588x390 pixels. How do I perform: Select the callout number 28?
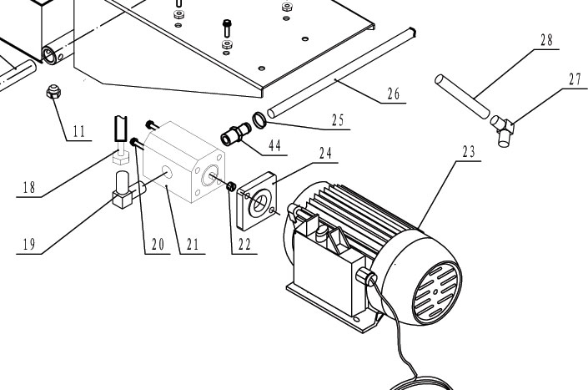(x=547, y=40)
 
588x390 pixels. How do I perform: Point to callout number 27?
(x=574, y=81)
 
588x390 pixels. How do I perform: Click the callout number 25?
(x=336, y=122)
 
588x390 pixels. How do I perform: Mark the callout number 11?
(x=79, y=132)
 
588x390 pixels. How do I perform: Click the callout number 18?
(x=28, y=189)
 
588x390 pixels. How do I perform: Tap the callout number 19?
(x=28, y=245)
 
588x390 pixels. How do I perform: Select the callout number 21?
(x=192, y=244)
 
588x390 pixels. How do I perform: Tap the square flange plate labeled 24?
(x=260, y=202)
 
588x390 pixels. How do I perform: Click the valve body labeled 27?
(x=504, y=128)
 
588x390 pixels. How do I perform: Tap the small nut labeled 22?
(x=232, y=187)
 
